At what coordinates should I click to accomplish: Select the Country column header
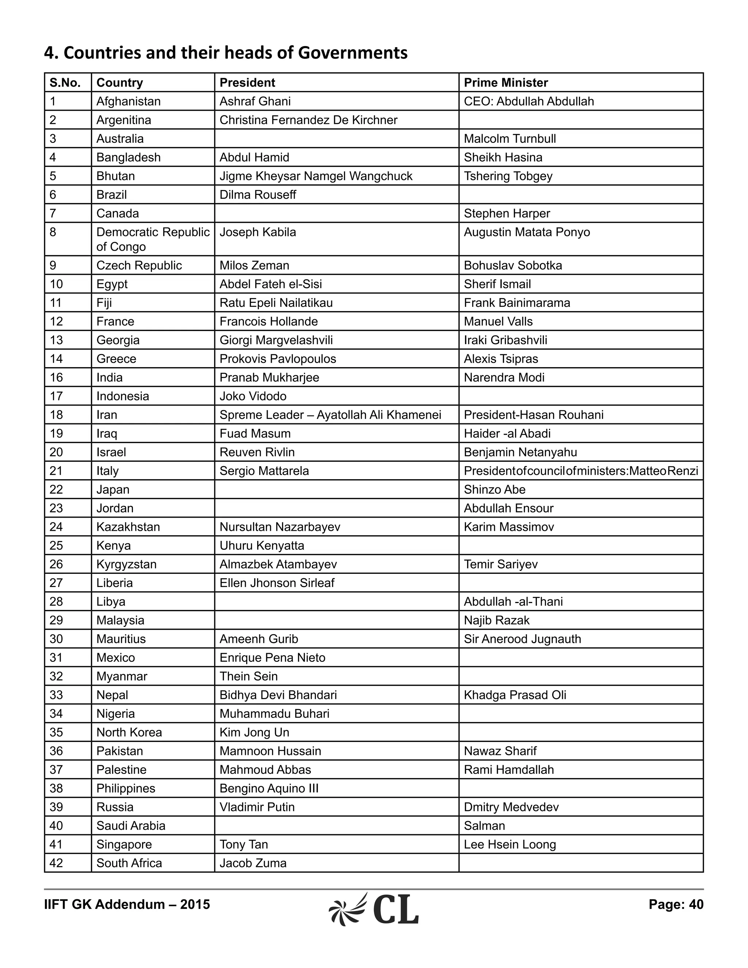click(120, 83)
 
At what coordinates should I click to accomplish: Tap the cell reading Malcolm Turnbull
click(510, 139)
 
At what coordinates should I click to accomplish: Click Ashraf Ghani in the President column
click(255, 102)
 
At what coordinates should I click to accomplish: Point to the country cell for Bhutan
click(116, 176)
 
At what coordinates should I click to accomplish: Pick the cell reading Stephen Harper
click(507, 214)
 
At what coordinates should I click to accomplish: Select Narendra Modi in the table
click(504, 378)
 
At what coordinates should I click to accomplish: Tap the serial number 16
click(56, 378)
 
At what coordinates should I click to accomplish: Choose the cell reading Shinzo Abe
click(495, 490)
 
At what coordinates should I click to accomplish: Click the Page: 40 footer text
click(676, 904)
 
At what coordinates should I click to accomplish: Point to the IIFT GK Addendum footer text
click(127, 904)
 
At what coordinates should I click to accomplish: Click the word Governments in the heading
click(352, 53)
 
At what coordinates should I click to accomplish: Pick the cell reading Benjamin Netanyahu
click(520, 453)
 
